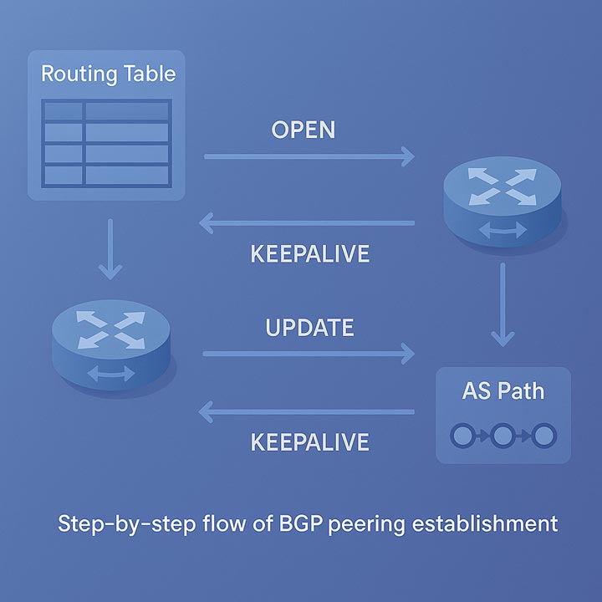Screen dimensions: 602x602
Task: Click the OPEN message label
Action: coord(304,130)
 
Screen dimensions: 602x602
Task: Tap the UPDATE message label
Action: coord(309,327)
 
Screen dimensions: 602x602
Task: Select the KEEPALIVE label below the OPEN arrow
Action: coord(309,254)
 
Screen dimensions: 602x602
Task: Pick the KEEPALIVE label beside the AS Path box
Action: coord(309,441)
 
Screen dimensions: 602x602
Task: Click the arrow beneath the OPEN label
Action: coord(309,156)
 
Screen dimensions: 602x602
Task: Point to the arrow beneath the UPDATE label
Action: coord(309,354)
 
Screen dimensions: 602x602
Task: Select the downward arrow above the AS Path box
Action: coord(502,305)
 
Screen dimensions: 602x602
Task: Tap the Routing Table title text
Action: coord(109,73)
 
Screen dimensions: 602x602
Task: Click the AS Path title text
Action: coord(503,390)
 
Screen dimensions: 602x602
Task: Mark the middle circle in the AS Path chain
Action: coord(503,435)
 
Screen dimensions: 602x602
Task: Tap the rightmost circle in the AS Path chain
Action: coord(544,435)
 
